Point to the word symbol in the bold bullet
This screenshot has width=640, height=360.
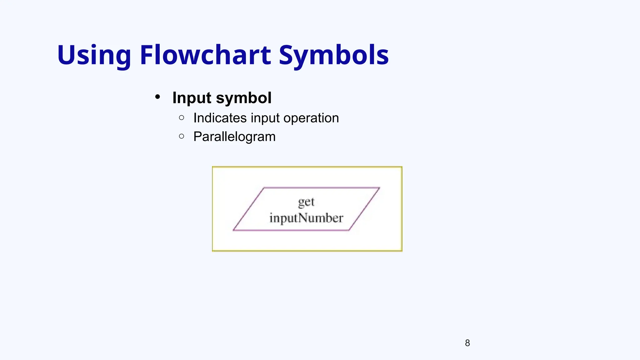[244, 98]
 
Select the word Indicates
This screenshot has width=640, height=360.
[220, 118]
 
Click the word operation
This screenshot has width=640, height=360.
[311, 118]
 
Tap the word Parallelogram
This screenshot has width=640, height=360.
[234, 137]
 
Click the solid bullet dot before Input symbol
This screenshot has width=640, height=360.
[158, 97]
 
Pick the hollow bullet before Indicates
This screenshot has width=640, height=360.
[182, 117]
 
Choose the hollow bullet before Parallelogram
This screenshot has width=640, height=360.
[182, 136]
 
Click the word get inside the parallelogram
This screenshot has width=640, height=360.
[306, 202]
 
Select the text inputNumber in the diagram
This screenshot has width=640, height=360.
[306, 218]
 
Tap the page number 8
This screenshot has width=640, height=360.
[467, 343]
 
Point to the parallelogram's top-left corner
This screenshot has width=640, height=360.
[264, 188]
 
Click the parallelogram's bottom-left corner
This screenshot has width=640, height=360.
[233, 230]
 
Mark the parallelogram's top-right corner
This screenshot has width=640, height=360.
[379, 188]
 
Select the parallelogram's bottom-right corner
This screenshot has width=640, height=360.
[349, 230]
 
